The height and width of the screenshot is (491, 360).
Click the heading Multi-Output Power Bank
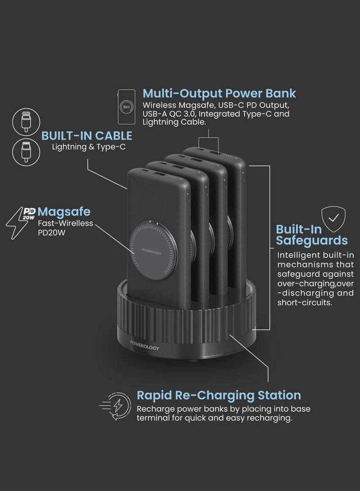click(219, 94)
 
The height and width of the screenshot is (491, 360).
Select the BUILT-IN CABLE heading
click(87, 135)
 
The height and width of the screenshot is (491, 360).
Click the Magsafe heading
click(64, 212)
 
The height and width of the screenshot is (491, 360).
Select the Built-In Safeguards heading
click(311, 234)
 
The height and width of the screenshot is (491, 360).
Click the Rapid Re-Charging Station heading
click(219, 396)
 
